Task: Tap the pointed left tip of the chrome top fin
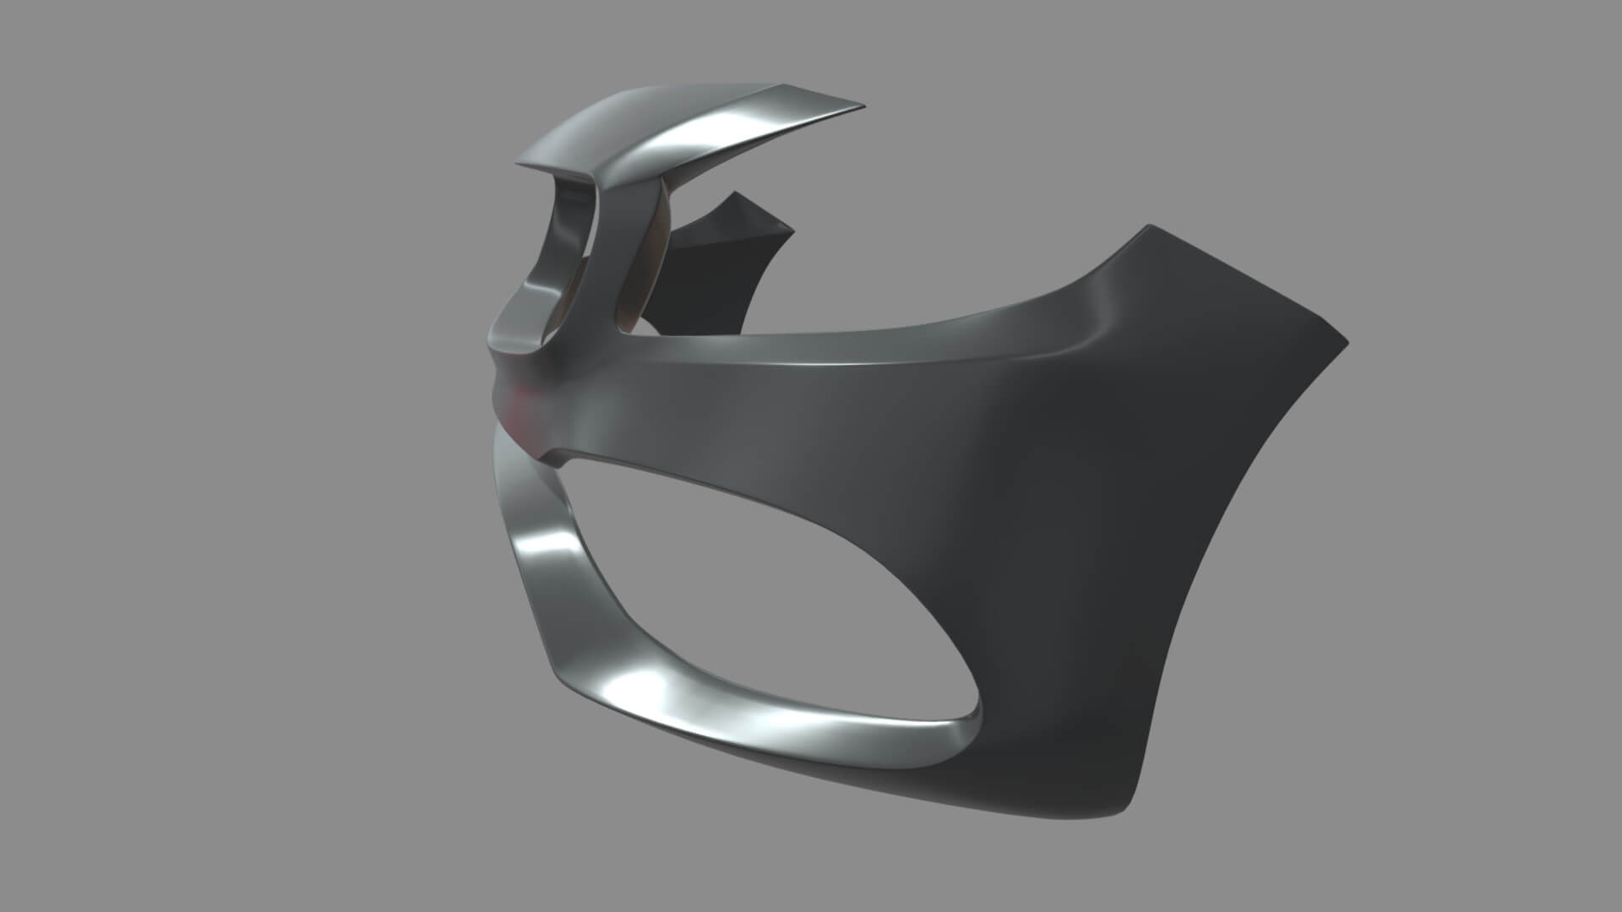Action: pos(519,164)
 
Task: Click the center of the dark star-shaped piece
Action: pos(718,270)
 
